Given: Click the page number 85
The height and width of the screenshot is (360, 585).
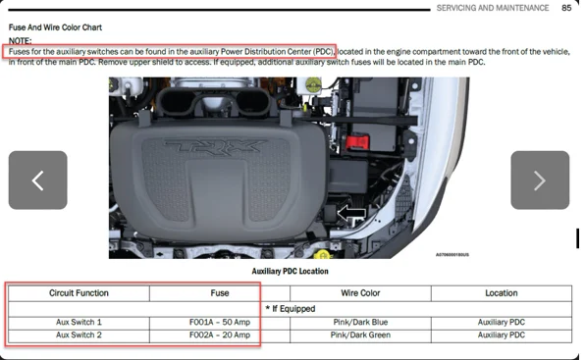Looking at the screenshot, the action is [x=566, y=8].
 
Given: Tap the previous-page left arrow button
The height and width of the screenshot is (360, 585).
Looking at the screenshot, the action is [x=37, y=180].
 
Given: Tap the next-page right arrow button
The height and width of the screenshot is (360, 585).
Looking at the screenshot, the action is [x=540, y=180].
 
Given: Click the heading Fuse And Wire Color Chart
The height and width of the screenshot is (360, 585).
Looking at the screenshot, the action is [x=55, y=27].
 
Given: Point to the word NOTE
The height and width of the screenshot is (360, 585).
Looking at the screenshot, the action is [x=21, y=40].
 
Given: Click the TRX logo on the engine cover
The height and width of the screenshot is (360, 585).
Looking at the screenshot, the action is [x=215, y=146].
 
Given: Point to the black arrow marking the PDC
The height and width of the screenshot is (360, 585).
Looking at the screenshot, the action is [x=351, y=213].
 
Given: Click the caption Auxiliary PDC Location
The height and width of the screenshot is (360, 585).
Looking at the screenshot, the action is [x=290, y=272].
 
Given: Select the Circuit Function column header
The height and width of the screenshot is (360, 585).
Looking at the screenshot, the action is [x=79, y=293].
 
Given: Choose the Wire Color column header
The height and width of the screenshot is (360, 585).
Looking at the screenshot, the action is [x=360, y=293].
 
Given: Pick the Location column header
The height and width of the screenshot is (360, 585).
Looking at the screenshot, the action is [x=501, y=293].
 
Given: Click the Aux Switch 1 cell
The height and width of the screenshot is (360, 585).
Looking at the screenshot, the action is [x=79, y=322].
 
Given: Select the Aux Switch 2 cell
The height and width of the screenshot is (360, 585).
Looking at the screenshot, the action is [x=79, y=335].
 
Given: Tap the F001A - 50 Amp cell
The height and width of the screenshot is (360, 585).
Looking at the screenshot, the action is [x=220, y=322].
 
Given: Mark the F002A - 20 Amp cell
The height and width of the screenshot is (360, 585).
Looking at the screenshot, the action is [x=220, y=335].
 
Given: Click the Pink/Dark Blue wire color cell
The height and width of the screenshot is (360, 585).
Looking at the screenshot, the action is [x=360, y=322].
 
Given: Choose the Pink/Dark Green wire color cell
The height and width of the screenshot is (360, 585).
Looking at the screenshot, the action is [x=360, y=335].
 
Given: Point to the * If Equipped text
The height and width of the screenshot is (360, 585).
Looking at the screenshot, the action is [x=290, y=309].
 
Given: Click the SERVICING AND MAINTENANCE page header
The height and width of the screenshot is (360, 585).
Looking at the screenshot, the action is [x=493, y=8].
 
